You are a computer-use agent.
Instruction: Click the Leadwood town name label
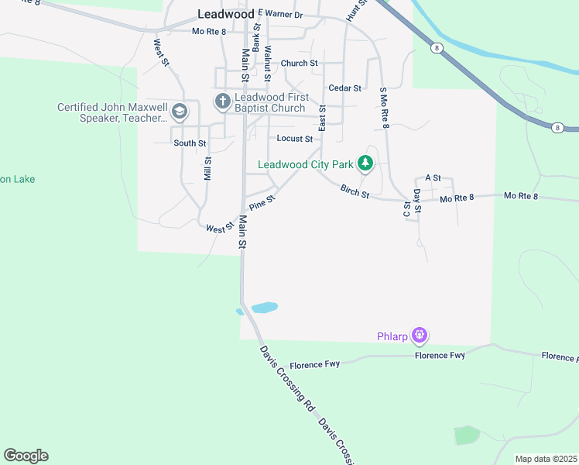(226, 14)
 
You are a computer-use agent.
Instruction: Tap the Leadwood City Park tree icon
(365, 164)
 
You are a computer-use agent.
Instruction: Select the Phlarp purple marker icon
(420, 336)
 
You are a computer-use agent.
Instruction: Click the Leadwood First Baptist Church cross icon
(223, 102)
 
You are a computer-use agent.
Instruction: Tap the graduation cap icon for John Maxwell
(180, 112)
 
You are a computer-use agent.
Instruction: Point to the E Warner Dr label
(280, 14)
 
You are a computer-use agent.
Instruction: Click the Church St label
(299, 64)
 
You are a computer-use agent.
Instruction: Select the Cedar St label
(345, 88)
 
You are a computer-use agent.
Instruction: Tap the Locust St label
(295, 139)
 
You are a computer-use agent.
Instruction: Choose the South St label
(190, 143)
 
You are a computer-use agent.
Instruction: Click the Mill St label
(207, 168)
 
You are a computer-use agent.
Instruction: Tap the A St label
(433, 178)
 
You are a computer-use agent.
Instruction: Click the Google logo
(26, 456)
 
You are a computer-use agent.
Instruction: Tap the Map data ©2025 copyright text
(546, 459)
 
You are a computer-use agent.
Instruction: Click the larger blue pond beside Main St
(264, 307)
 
